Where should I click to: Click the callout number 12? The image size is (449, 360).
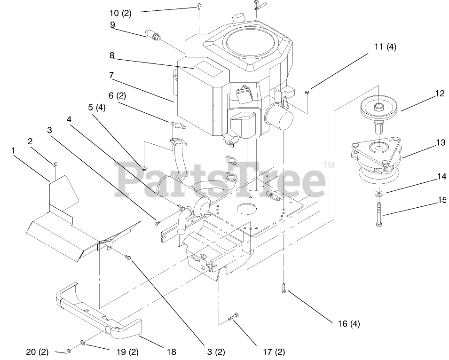(x=439, y=94)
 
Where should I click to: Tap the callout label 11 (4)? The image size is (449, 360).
(x=385, y=47)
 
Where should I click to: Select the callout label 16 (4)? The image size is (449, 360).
(x=348, y=323)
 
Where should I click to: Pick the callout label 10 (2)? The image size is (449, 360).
(x=120, y=13)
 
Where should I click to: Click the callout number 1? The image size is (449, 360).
(x=13, y=150)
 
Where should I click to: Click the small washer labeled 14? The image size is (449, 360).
(x=378, y=193)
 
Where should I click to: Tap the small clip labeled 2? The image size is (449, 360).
(x=54, y=164)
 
